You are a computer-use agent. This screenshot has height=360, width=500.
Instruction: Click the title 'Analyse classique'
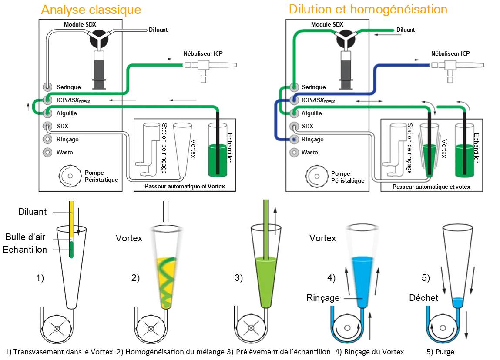tap(91, 9)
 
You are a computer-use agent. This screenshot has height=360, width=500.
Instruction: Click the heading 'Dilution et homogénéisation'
tap(368, 9)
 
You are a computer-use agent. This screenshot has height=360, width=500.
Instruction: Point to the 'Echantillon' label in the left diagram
tap(230, 148)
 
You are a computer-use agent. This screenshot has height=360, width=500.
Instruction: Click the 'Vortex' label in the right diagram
tap(444, 148)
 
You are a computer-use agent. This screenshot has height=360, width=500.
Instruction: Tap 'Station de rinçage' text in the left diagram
tap(164, 148)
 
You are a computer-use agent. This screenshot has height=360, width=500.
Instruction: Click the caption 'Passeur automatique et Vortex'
tap(185, 187)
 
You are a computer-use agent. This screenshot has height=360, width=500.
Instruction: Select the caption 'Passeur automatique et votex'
tap(431, 187)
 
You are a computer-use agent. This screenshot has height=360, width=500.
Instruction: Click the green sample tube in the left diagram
tap(217, 150)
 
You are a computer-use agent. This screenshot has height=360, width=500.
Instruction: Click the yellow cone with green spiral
tap(166, 270)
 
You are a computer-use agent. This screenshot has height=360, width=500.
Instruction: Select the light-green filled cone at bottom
tap(265, 278)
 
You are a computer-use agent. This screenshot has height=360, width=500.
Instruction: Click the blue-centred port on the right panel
tap(294, 140)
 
